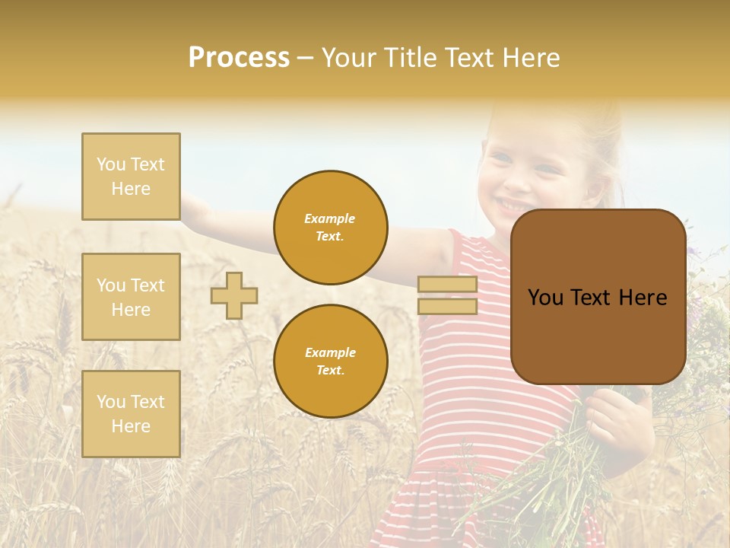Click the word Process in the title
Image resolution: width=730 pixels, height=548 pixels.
tap(239, 58)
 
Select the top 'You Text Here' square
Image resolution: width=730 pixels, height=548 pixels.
tap(131, 177)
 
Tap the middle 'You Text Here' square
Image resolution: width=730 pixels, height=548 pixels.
tap(131, 297)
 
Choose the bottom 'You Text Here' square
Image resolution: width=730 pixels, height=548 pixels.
tap(131, 414)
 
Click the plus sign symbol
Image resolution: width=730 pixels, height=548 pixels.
tap(234, 295)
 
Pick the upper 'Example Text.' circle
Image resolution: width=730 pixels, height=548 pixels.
tap(330, 228)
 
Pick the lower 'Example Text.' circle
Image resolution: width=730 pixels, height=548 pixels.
tap(330, 362)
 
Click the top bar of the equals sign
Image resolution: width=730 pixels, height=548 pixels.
tap(447, 285)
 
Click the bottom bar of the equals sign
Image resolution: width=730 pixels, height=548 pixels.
tap(447, 307)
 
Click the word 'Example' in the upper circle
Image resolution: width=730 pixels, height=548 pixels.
tap(330, 218)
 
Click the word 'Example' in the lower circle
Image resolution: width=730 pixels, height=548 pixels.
tap(330, 352)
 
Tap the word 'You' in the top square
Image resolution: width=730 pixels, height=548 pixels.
tap(110, 164)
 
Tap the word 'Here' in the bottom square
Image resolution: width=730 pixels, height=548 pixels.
tap(131, 426)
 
